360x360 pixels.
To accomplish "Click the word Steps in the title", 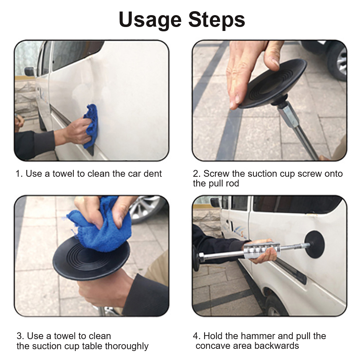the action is coord(217,19).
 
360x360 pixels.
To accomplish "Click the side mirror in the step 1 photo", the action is coord(30,71).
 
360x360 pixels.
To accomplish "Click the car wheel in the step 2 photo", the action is coord(337,61).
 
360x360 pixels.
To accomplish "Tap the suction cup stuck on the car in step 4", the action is coord(315,244).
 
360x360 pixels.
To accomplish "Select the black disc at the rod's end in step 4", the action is coord(196,258).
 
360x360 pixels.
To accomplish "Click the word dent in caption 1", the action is coord(153,174).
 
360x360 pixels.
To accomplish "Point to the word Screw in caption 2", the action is coord(216,174).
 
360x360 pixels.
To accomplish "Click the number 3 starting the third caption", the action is coord(19,336).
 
